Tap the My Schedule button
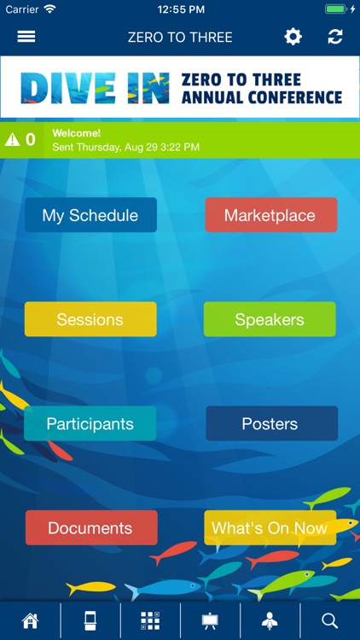90,215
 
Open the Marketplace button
270,215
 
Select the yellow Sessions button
90,319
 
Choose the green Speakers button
270,319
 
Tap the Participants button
90,423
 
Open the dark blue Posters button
270,423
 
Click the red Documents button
90,527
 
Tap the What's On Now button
270,527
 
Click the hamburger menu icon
26,37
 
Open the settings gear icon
293,37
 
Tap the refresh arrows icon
335,37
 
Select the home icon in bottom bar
31,620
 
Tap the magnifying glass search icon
330,620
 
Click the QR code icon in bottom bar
150,620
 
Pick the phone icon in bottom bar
90,620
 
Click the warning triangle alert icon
12,139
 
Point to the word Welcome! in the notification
77,133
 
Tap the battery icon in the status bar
336,9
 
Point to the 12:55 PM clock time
179,9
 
